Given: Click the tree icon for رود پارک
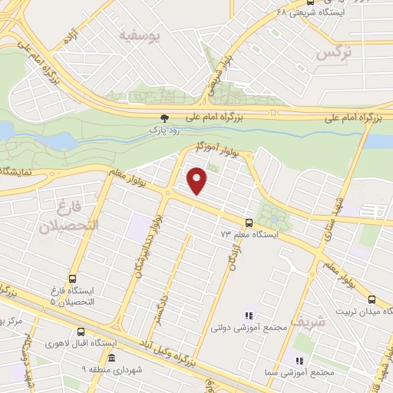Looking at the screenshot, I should (x=162, y=117).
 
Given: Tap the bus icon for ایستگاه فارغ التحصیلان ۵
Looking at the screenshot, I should (x=72, y=279).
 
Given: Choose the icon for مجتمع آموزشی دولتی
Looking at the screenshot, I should (x=248, y=315).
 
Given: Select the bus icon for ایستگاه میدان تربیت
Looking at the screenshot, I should (x=372, y=300).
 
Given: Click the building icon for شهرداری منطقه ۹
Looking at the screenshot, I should (x=112, y=358).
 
